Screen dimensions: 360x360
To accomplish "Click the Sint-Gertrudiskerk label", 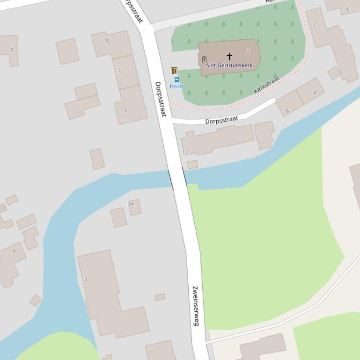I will (229, 65).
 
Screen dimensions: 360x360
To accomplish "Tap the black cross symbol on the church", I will (229, 57).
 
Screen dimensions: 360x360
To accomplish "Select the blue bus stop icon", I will (176, 79).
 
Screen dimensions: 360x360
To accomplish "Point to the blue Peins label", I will (176, 86).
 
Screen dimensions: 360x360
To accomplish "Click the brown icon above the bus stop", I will (174, 71).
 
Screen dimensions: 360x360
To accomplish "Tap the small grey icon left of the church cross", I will (204, 59).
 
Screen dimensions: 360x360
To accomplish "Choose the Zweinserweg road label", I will (196, 306).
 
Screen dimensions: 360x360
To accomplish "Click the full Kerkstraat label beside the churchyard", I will (266, 84).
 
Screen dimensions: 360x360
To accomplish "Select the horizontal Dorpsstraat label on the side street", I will (221, 120).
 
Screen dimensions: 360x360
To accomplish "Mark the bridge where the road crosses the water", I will (177, 179).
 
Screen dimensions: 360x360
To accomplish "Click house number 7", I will (11, 50).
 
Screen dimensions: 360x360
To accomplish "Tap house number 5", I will (107, 41).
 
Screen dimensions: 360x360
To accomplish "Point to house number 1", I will (125, 110).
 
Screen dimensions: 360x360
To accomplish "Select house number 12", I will (185, 152).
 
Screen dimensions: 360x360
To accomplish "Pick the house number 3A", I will (131, 203).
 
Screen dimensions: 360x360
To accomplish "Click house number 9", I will (14, 252).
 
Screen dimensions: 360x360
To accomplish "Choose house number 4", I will (315, 93).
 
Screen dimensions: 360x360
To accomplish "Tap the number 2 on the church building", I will (249, 50).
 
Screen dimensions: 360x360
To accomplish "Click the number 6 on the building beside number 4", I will (287, 111).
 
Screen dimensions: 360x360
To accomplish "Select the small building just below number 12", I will (192, 165).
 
